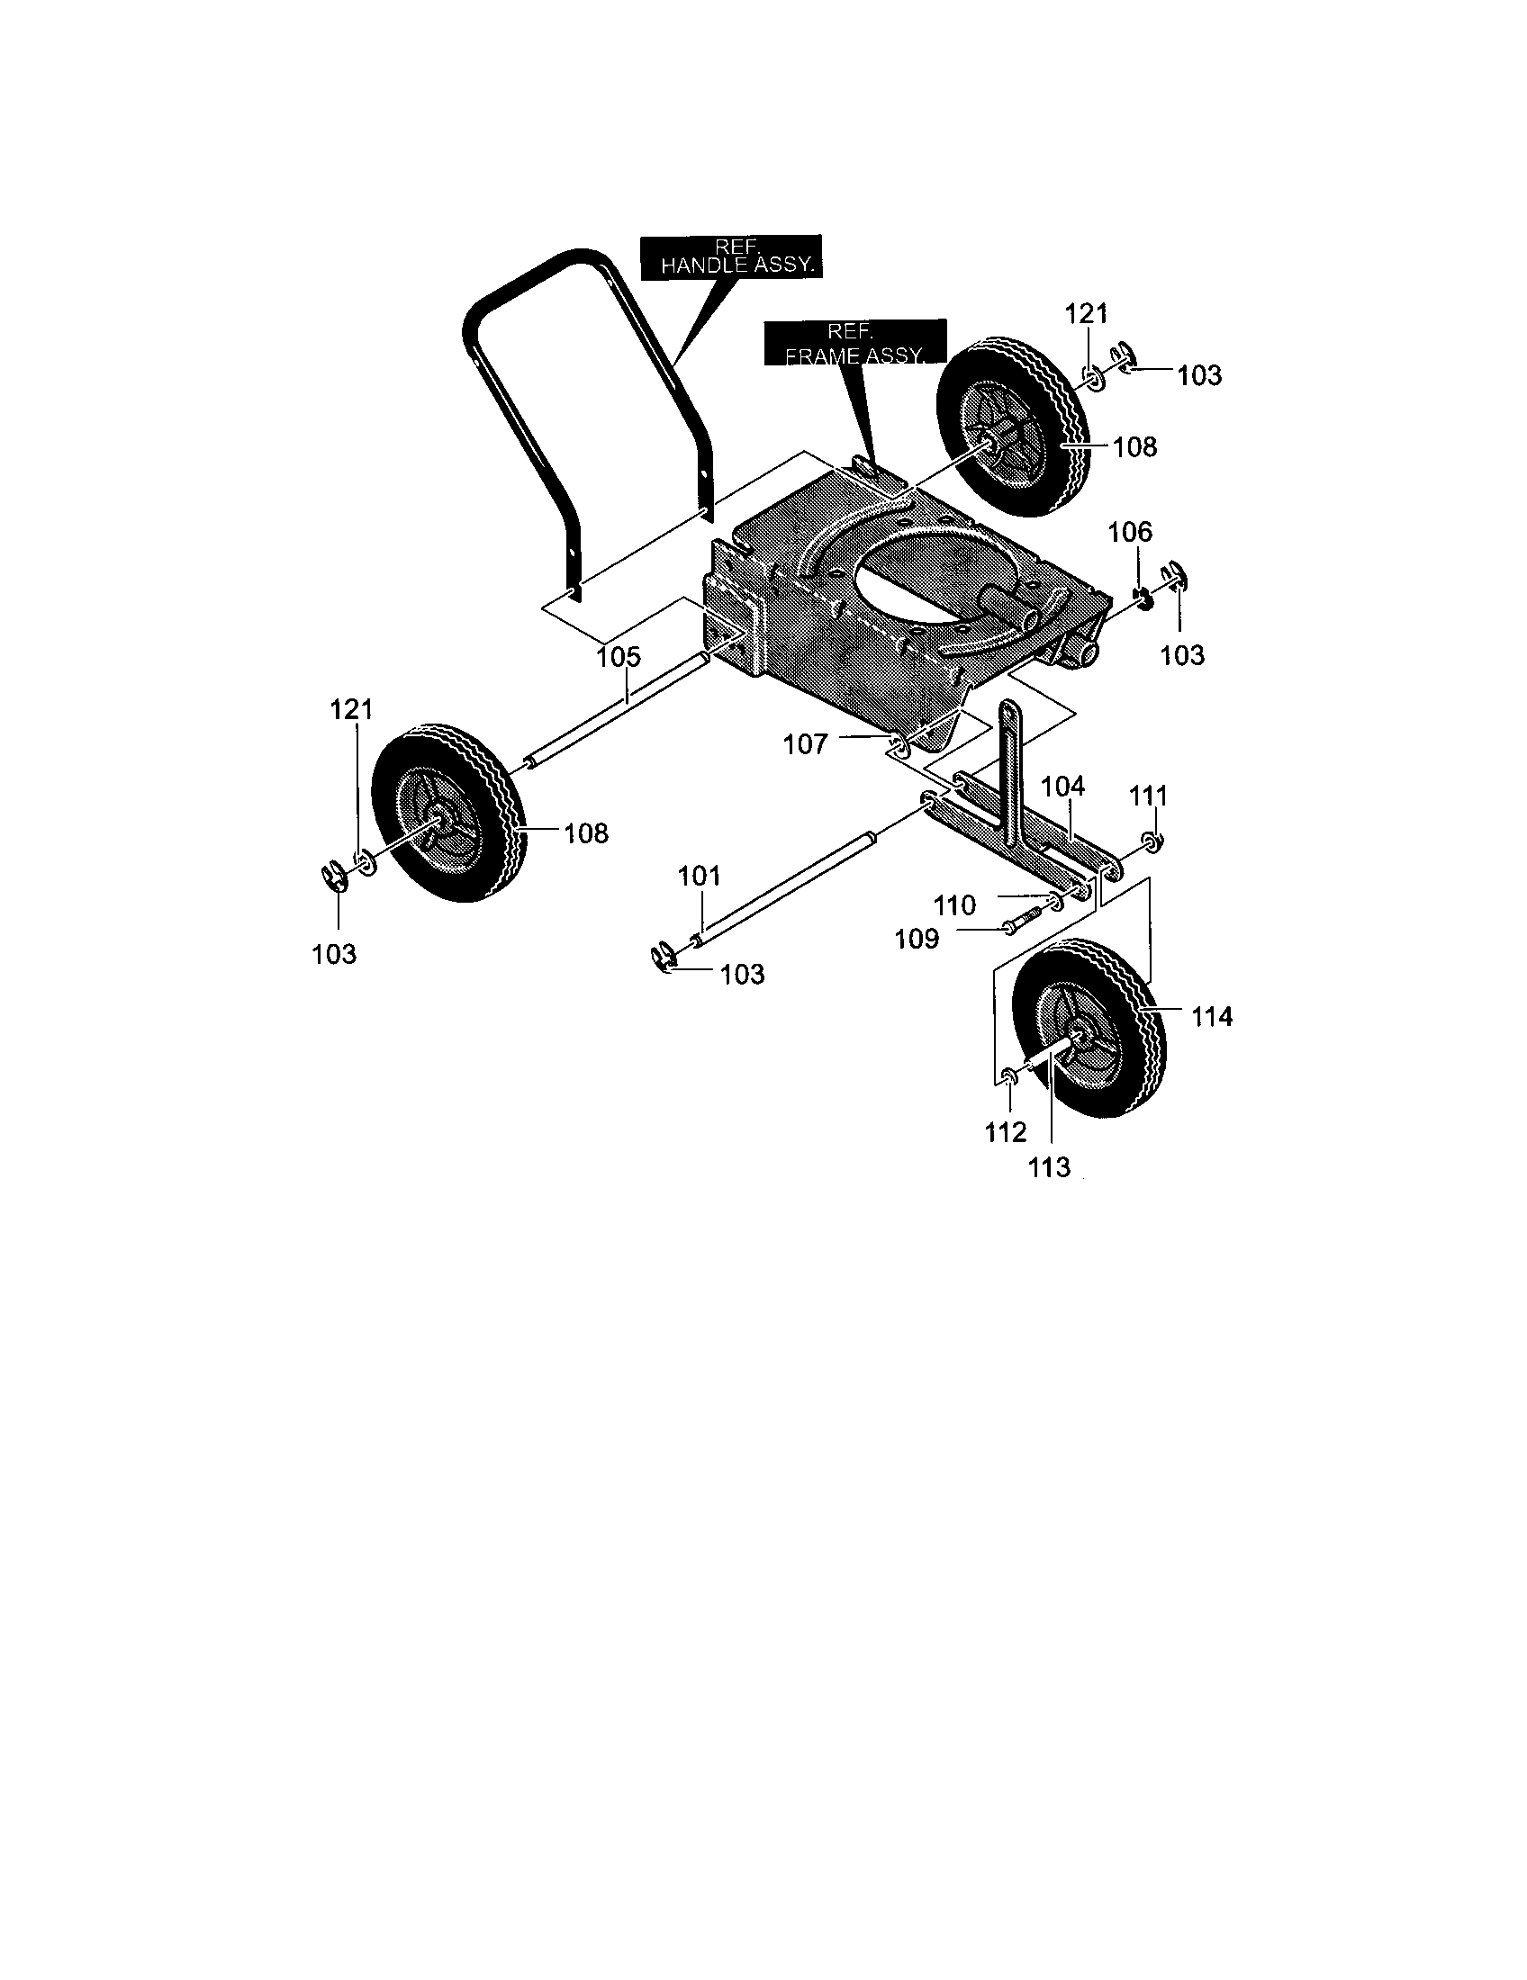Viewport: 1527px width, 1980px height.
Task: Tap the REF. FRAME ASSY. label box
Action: (855, 343)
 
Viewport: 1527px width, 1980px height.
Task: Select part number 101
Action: (699, 876)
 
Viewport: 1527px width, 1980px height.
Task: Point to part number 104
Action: (1062, 786)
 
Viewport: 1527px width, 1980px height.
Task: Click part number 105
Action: (619, 656)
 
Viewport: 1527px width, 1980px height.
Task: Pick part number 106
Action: (1130, 532)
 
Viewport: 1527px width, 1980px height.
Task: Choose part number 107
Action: (805, 744)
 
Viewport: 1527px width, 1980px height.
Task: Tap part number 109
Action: (917, 940)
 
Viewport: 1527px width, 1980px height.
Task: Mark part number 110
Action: (955, 904)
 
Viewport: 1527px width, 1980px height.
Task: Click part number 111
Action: (1148, 796)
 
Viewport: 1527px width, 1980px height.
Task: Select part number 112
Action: (1006, 1132)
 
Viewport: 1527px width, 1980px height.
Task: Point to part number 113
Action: (1049, 1167)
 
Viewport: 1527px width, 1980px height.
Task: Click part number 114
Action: (1212, 1017)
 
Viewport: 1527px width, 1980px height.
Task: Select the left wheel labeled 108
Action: (449, 814)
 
